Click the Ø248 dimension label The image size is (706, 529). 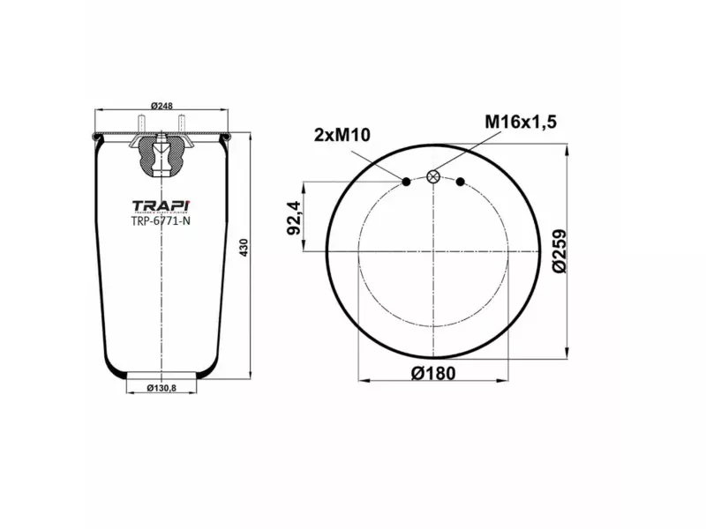[x=161, y=106]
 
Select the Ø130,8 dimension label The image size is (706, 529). [x=161, y=389]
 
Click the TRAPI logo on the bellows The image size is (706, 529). [x=161, y=205]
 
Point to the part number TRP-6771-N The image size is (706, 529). [x=161, y=221]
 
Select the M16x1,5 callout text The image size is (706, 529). [x=521, y=122]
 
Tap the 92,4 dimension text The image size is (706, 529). [x=291, y=218]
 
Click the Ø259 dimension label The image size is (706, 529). [x=560, y=250]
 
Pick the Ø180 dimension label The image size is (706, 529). [x=433, y=373]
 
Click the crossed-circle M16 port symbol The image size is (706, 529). [x=433, y=176]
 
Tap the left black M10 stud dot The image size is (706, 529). [x=406, y=182]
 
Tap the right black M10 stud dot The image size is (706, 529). [x=461, y=182]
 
